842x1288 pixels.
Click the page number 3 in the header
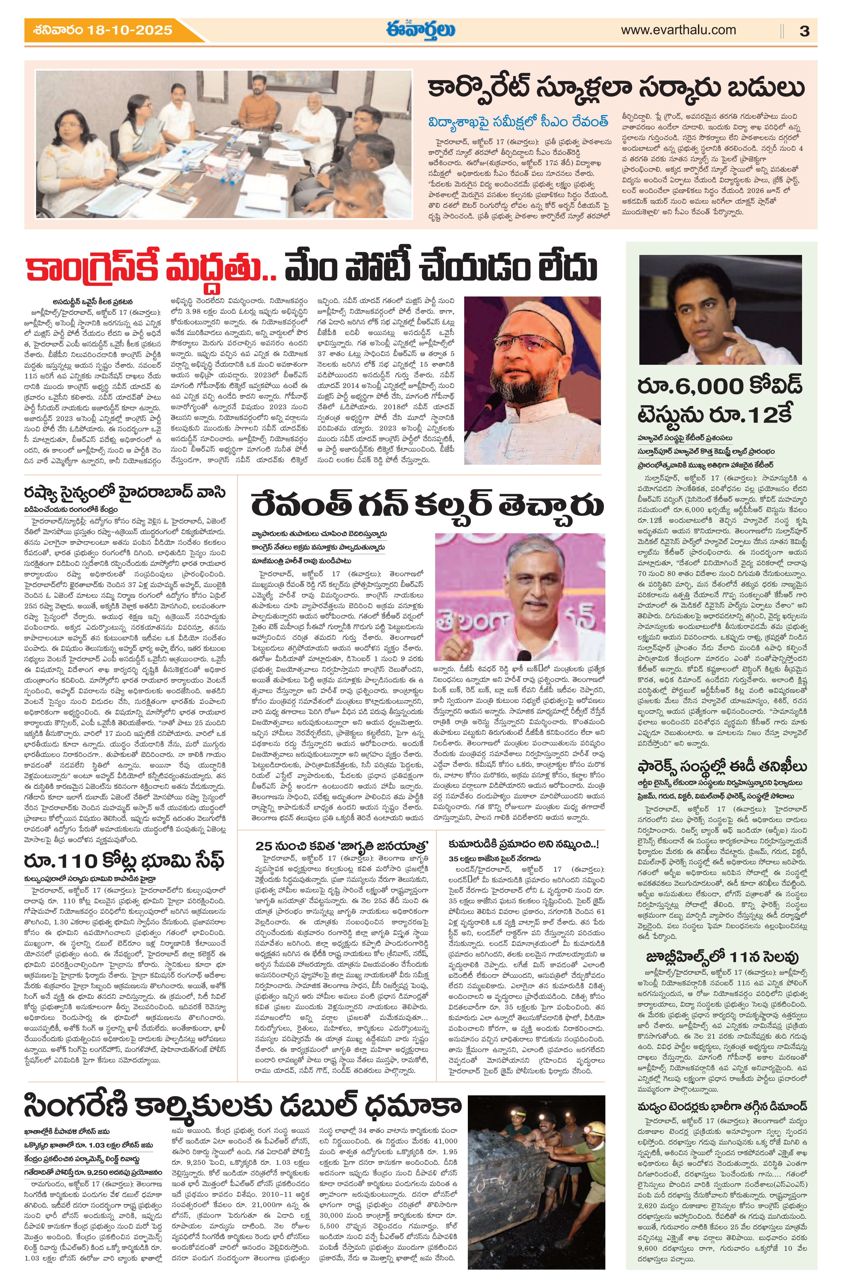coord(804,31)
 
